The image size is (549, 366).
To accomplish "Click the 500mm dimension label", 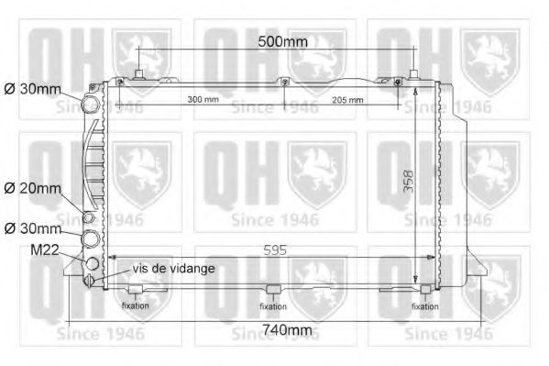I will pyautogui.click(x=281, y=41).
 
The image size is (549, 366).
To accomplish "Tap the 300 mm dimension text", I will pyautogui.click(x=203, y=99).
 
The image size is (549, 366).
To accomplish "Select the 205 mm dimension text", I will pyautogui.click(x=347, y=99).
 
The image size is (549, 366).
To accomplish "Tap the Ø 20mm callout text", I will pyautogui.click(x=32, y=188).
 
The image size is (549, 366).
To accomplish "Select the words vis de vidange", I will pyautogui.click(x=174, y=268).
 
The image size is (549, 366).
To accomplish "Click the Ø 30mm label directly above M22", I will pyautogui.click(x=32, y=227).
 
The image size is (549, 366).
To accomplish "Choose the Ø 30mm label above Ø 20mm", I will pyautogui.click(x=32, y=90).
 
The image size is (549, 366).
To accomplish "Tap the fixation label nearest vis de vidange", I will pyautogui.click(x=136, y=305).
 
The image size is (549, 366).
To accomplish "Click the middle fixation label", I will pyautogui.click(x=273, y=305).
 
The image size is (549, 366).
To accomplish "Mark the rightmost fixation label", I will pyautogui.click(x=424, y=305).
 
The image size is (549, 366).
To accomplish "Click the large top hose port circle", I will pyautogui.click(x=92, y=105).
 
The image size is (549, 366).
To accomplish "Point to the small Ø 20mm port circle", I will pyautogui.click(x=90, y=218).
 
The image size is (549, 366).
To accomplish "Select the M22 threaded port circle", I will pyautogui.click(x=92, y=264).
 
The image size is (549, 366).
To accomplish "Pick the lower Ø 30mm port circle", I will pyautogui.click(x=93, y=240).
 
